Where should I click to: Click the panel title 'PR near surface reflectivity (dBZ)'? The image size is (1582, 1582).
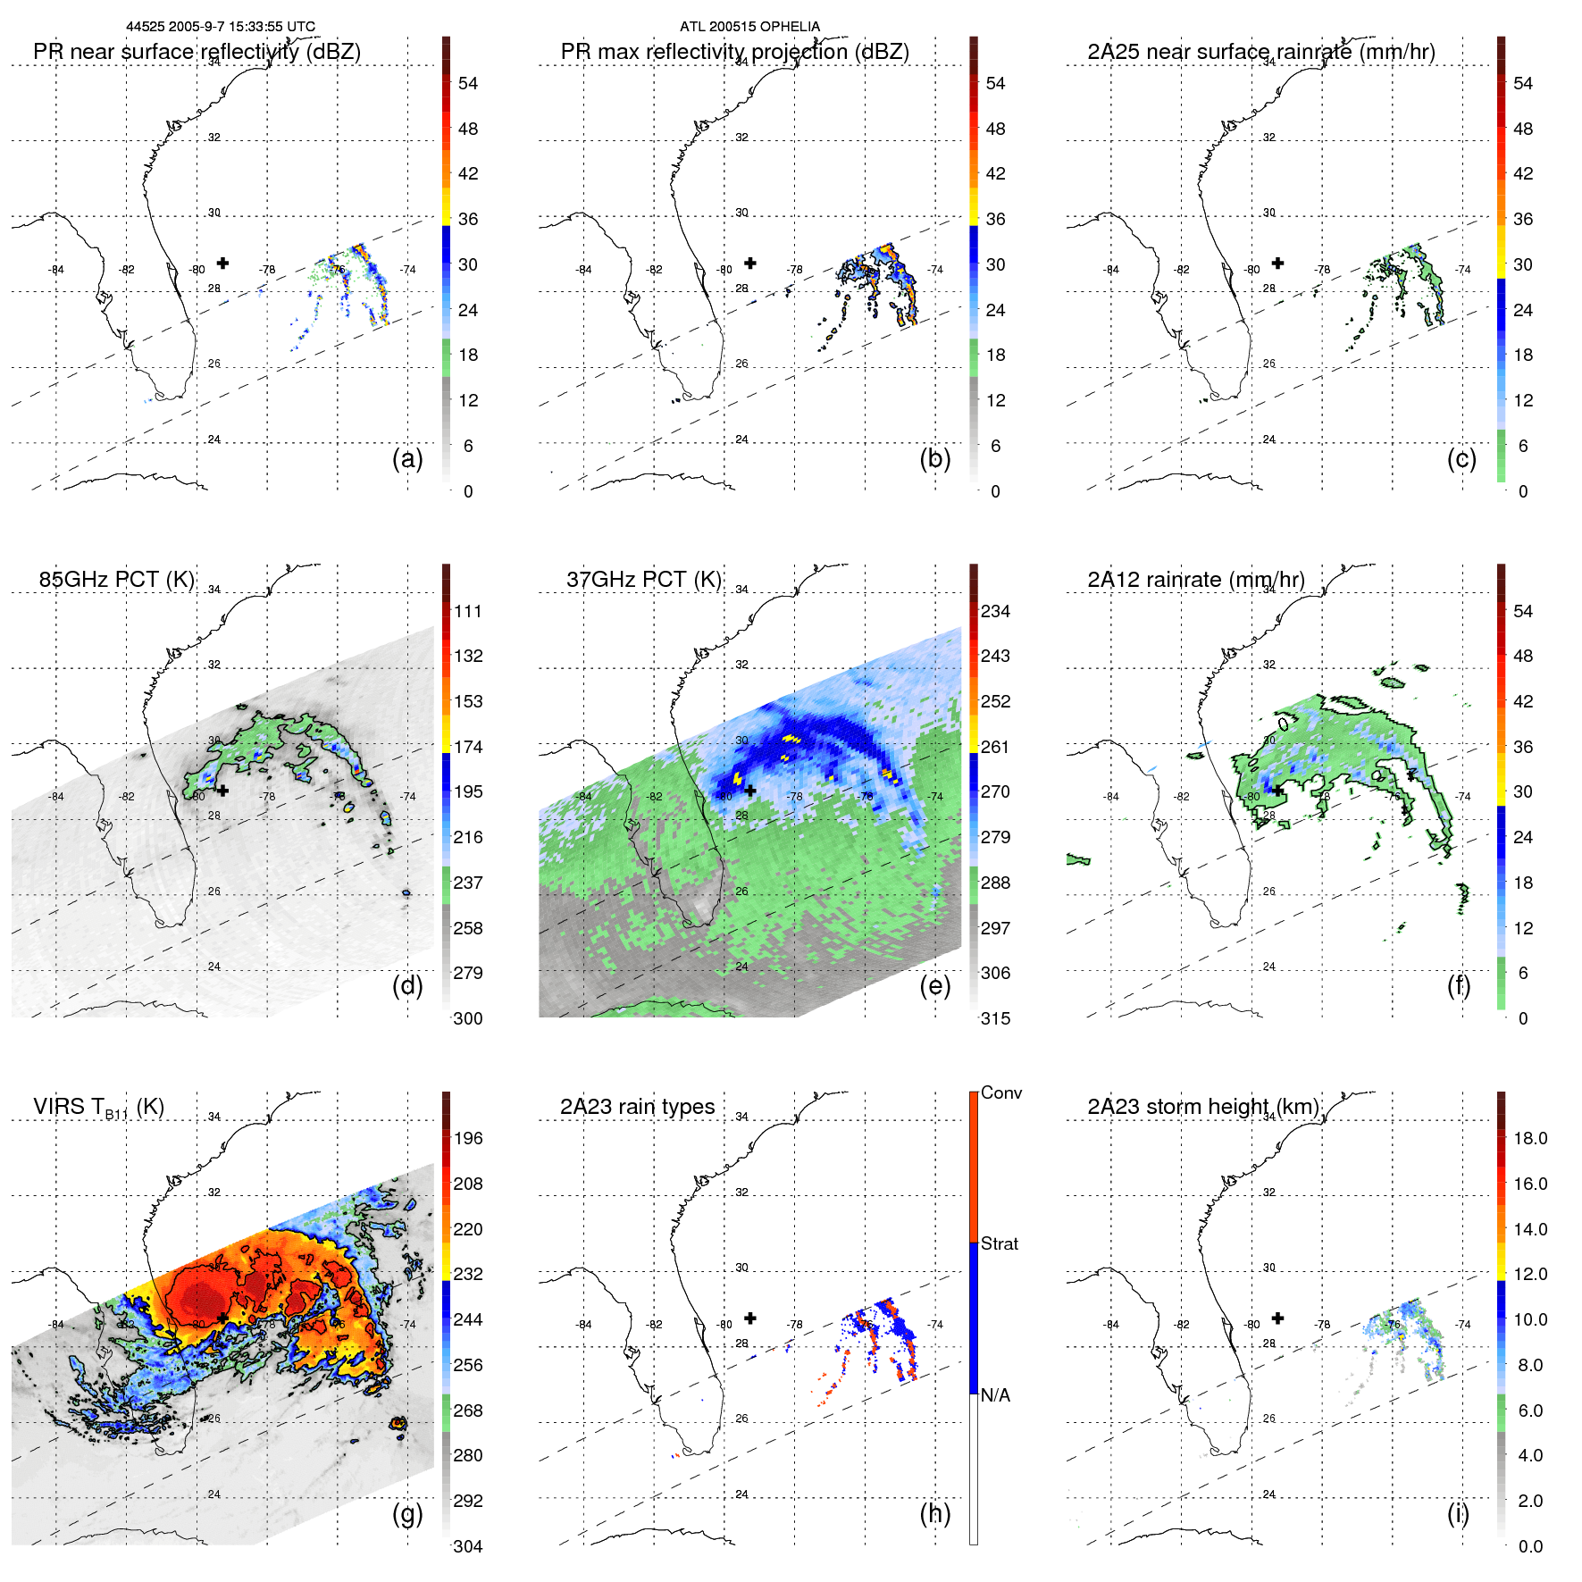(x=197, y=52)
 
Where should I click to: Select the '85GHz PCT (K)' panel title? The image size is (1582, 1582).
(x=116, y=580)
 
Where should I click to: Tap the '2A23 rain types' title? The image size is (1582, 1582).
(x=637, y=1107)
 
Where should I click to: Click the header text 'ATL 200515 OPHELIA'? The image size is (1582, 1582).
(x=749, y=27)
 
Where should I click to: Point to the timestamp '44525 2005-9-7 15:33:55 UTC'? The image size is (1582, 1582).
(x=221, y=27)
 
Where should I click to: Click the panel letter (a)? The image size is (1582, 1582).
(x=407, y=459)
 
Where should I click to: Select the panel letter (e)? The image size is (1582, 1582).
(x=934, y=986)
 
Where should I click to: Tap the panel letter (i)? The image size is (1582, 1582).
(x=1458, y=1513)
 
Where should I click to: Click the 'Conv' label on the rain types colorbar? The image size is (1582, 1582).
(x=1001, y=1092)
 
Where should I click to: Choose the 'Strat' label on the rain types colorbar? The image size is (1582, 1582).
(x=1000, y=1243)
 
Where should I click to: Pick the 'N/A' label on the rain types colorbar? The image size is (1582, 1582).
(x=995, y=1395)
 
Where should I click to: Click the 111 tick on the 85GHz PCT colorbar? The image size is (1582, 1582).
(x=468, y=612)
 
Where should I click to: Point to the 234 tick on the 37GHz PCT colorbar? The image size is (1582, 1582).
(x=995, y=612)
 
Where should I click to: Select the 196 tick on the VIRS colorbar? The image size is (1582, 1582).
(x=468, y=1139)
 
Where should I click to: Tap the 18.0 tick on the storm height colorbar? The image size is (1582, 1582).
(x=1529, y=1139)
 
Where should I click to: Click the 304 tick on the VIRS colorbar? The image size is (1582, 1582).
(x=468, y=1546)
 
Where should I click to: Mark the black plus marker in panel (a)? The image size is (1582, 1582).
(x=222, y=263)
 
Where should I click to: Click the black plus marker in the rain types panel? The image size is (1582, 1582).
(x=750, y=1318)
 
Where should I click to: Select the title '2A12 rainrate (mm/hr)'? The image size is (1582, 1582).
(x=1195, y=580)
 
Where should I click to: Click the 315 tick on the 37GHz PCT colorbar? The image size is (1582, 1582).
(x=995, y=1019)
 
